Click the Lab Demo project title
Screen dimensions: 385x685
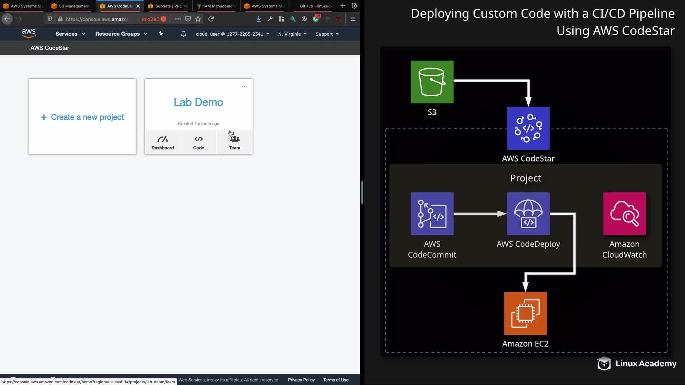coord(198,102)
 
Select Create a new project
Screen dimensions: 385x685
coord(82,117)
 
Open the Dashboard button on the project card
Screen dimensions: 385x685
coord(162,143)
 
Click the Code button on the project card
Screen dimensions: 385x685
coord(198,143)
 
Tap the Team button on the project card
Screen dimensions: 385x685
coord(234,143)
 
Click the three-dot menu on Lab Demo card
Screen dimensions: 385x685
coord(244,87)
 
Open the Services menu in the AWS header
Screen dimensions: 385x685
coord(70,34)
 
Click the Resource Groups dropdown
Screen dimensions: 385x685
coord(121,34)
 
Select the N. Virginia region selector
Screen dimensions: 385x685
coord(292,34)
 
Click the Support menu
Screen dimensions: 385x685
coord(327,34)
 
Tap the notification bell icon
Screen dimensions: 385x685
coord(183,34)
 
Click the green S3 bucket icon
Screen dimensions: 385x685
coord(432,82)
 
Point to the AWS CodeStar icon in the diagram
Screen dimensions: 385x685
coord(528,128)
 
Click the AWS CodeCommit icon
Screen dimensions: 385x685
coord(432,214)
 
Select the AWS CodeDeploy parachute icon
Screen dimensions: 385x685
coord(528,214)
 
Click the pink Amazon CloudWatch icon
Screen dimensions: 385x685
coord(624,214)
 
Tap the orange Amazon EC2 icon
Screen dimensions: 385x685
coord(525,313)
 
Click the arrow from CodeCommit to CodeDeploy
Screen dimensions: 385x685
coord(480,214)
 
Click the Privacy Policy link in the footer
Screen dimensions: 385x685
coord(301,380)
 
